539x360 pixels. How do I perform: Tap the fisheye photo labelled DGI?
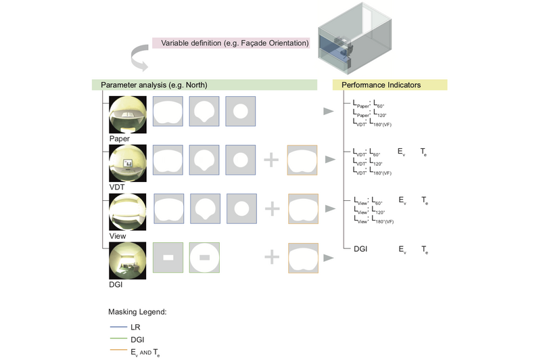(x=126, y=260)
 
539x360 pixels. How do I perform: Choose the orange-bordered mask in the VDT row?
(x=303, y=160)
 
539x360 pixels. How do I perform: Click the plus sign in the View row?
(x=271, y=208)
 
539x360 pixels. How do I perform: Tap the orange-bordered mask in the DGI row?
(x=303, y=258)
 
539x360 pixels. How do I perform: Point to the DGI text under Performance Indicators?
(x=360, y=250)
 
